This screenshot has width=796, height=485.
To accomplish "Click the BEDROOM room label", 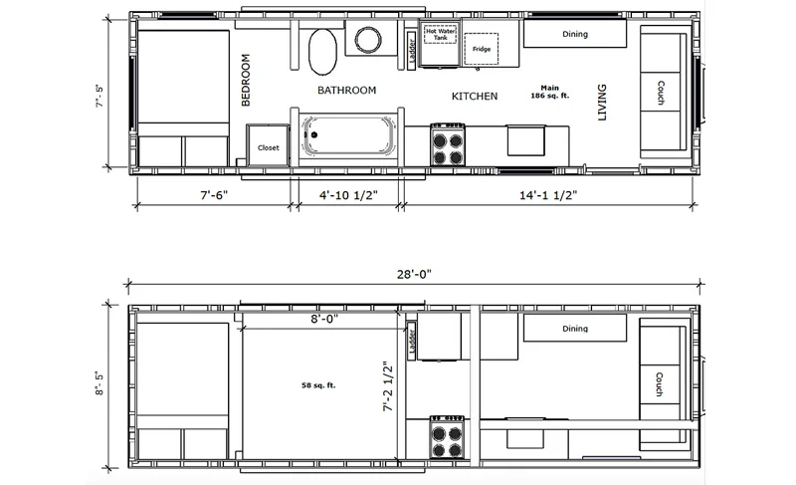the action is (246, 80).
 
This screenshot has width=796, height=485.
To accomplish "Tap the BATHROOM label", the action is (346, 91).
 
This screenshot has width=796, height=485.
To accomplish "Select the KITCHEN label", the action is (475, 96).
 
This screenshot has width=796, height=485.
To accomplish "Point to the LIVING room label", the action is (602, 102).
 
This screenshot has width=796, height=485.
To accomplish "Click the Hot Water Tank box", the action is (440, 35).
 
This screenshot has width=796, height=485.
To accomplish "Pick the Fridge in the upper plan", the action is (482, 49).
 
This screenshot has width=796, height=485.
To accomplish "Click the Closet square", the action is (268, 145).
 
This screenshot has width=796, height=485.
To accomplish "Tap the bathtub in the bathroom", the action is (347, 135).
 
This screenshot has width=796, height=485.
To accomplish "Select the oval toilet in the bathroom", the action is (322, 51).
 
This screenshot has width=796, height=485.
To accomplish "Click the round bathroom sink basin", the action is (368, 39).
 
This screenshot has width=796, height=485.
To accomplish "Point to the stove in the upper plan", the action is (447, 144).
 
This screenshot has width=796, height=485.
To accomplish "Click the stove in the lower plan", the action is (447, 437).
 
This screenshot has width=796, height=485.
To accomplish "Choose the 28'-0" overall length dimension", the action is (414, 274).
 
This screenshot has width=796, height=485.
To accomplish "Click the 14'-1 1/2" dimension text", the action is (548, 195).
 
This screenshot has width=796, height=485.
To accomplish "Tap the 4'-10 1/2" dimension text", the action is (348, 195).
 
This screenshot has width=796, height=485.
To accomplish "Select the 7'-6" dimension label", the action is (214, 195).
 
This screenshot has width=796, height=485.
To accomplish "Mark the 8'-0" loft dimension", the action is (324, 319).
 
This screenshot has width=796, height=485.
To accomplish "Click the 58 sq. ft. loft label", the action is (318, 385).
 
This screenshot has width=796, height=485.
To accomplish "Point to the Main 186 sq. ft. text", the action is (550, 92).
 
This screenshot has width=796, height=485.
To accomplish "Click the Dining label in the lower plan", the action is (575, 328).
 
